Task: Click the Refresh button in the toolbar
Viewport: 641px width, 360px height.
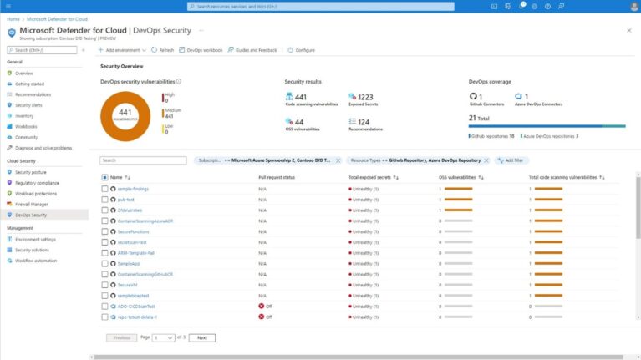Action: pos(163,50)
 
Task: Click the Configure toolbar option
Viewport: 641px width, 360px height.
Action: pos(302,50)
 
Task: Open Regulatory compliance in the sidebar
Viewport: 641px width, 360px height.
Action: pos(37,182)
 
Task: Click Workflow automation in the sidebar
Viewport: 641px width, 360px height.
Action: pos(36,261)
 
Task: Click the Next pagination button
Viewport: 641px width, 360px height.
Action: pos(201,337)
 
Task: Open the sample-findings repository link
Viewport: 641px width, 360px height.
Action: pos(133,189)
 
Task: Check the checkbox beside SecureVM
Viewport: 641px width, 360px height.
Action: pos(104,285)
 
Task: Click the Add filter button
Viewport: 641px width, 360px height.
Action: pos(511,160)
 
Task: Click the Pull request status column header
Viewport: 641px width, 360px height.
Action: pos(277,177)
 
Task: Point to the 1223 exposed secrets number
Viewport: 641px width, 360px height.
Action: pos(365,97)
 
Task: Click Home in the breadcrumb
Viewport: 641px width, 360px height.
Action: pos(13,18)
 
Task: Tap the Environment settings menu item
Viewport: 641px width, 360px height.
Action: pos(36,239)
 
